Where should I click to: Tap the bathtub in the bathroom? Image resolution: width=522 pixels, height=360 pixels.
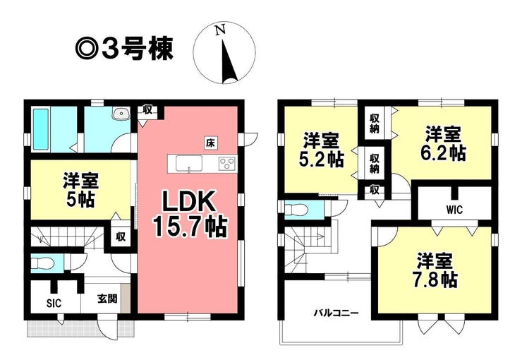(41, 130)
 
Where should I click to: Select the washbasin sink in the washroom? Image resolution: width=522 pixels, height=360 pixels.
(121, 114)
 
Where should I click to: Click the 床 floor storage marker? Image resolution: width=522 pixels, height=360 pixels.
(210, 143)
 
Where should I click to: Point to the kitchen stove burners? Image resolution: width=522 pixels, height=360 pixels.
(227, 164)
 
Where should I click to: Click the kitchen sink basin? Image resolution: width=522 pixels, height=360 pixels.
(189, 163)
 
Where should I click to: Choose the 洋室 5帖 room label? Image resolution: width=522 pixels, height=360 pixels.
(80, 190)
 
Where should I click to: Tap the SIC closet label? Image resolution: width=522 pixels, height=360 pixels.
(54, 304)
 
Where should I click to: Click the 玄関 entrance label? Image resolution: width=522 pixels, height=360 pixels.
(107, 299)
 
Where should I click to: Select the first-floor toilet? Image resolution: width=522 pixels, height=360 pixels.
(42, 263)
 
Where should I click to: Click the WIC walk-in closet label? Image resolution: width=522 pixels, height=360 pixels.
(454, 210)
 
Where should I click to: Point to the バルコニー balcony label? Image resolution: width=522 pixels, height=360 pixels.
(336, 313)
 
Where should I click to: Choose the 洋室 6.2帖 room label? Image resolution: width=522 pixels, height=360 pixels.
(443, 144)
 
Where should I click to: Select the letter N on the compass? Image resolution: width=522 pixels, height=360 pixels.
(220, 30)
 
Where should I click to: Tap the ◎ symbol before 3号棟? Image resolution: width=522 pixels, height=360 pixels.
(87, 49)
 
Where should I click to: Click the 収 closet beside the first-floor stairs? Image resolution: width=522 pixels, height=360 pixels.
(121, 236)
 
